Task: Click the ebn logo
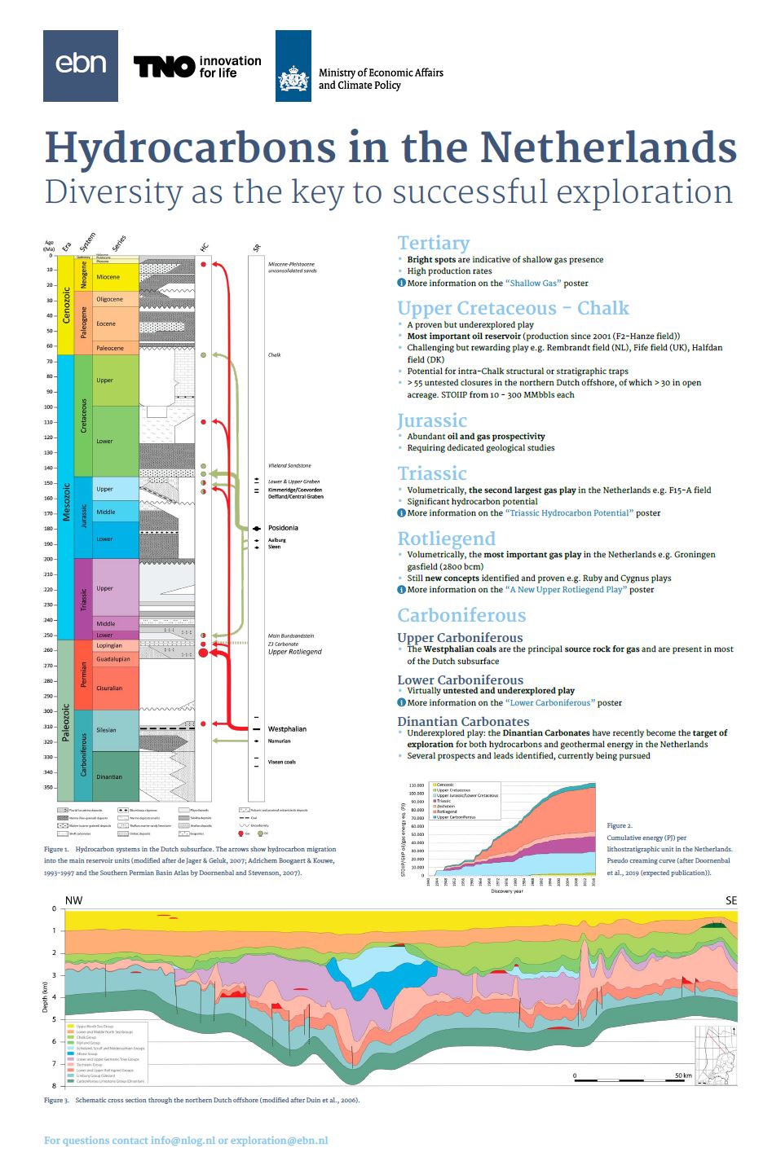[x=81, y=66]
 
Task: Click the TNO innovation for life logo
[x=197, y=66]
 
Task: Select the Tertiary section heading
[x=433, y=243]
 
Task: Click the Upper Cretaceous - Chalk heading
[x=513, y=308]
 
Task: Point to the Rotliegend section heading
[x=446, y=539]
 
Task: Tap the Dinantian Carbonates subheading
[x=463, y=721]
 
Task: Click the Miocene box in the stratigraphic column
[x=108, y=277]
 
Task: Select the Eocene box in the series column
[x=107, y=323]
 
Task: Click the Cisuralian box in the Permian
[x=109, y=688]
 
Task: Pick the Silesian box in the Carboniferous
[x=107, y=730]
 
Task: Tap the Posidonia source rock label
[x=283, y=528]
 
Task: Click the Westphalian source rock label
[x=287, y=729]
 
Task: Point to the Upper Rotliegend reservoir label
[x=294, y=652]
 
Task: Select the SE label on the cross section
[x=730, y=900]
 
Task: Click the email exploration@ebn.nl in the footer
[x=279, y=1141]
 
